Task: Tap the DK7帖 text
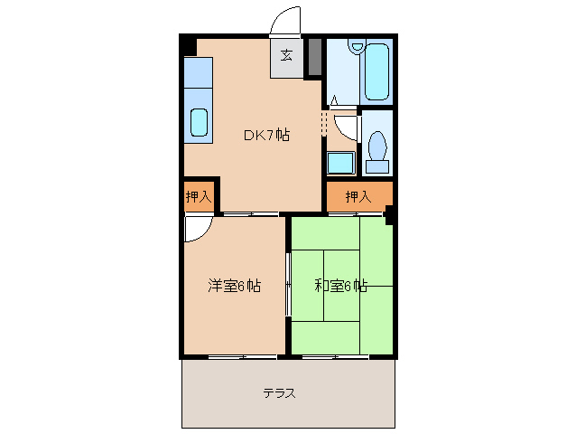click(265, 136)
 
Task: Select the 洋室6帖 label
click(234, 287)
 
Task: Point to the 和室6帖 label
click(340, 287)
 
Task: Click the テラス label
click(280, 393)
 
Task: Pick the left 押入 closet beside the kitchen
click(198, 196)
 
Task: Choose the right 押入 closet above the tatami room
click(358, 196)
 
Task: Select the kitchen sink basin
click(199, 122)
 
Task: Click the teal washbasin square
click(339, 163)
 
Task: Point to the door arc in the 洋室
click(197, 230)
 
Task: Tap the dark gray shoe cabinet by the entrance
click(314, 57)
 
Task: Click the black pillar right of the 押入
click(389, 214)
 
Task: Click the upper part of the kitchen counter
click(199, 72)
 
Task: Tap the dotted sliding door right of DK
click(323, 125)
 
